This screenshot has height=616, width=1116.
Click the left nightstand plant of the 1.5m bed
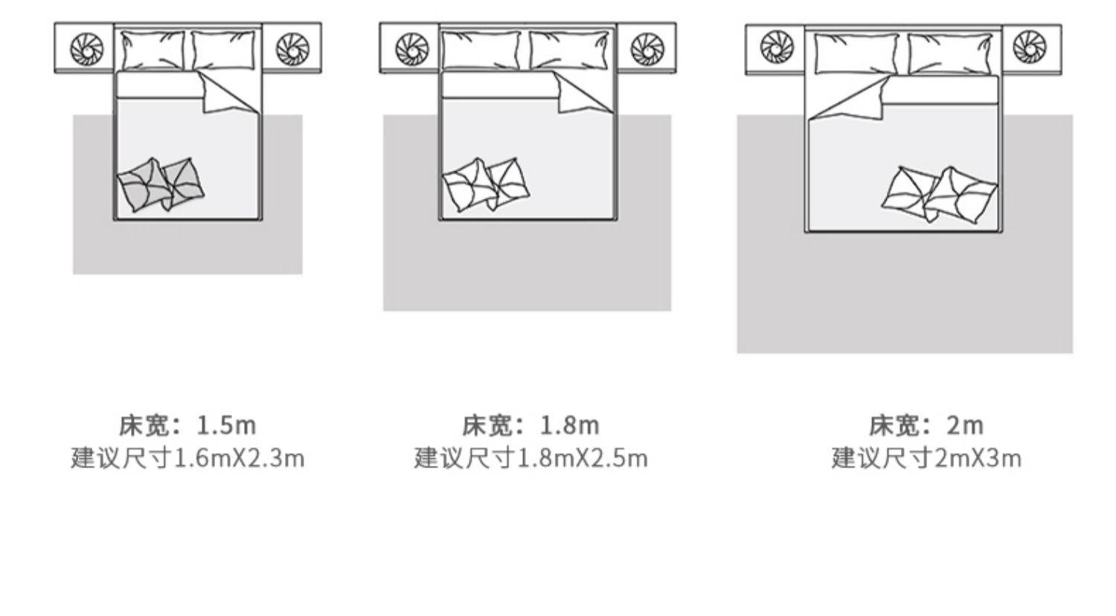click(x=87, y=49)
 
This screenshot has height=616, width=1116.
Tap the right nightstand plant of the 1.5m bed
click(x=292, y=49)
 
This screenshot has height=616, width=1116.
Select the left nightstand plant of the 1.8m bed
click(x=411, y=49)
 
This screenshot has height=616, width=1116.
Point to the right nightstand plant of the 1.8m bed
click(x=647, y=49)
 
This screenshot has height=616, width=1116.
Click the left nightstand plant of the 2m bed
click(x=777, y=47)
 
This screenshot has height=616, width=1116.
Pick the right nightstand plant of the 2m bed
click(x=1029, y=47)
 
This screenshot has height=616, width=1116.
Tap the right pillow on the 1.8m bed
click(x=569, y=50)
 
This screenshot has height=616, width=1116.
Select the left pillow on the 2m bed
click(x=856, y=54)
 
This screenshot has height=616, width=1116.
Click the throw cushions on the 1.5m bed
click(x=161, y=185)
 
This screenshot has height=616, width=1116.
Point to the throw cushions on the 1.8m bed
click(x=487, y=185)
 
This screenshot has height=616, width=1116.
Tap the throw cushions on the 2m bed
click(x=940, y=195)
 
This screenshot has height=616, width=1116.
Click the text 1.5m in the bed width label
click(x=227, y=426)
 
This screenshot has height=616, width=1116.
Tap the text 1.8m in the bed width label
click(x=570, y=426)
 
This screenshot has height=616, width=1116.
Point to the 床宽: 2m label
click(x=926, y=426)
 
